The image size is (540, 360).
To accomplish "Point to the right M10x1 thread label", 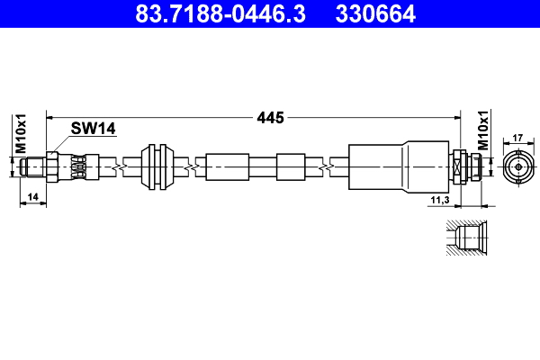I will click(483, 130).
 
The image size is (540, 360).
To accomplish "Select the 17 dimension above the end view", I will click(517, 139).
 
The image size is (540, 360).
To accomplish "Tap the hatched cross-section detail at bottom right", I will click(467, 238).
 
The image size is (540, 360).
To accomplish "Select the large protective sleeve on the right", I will click(396, 167).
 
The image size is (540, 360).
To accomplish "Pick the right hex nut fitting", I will click(461, 167).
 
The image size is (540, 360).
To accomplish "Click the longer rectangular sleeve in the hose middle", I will click(227, 167).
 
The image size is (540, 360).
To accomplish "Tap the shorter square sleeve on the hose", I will click(292, 167).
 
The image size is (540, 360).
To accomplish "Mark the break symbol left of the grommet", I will click(117, 167).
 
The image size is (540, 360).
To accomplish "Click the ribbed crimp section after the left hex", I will click(79, 167).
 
